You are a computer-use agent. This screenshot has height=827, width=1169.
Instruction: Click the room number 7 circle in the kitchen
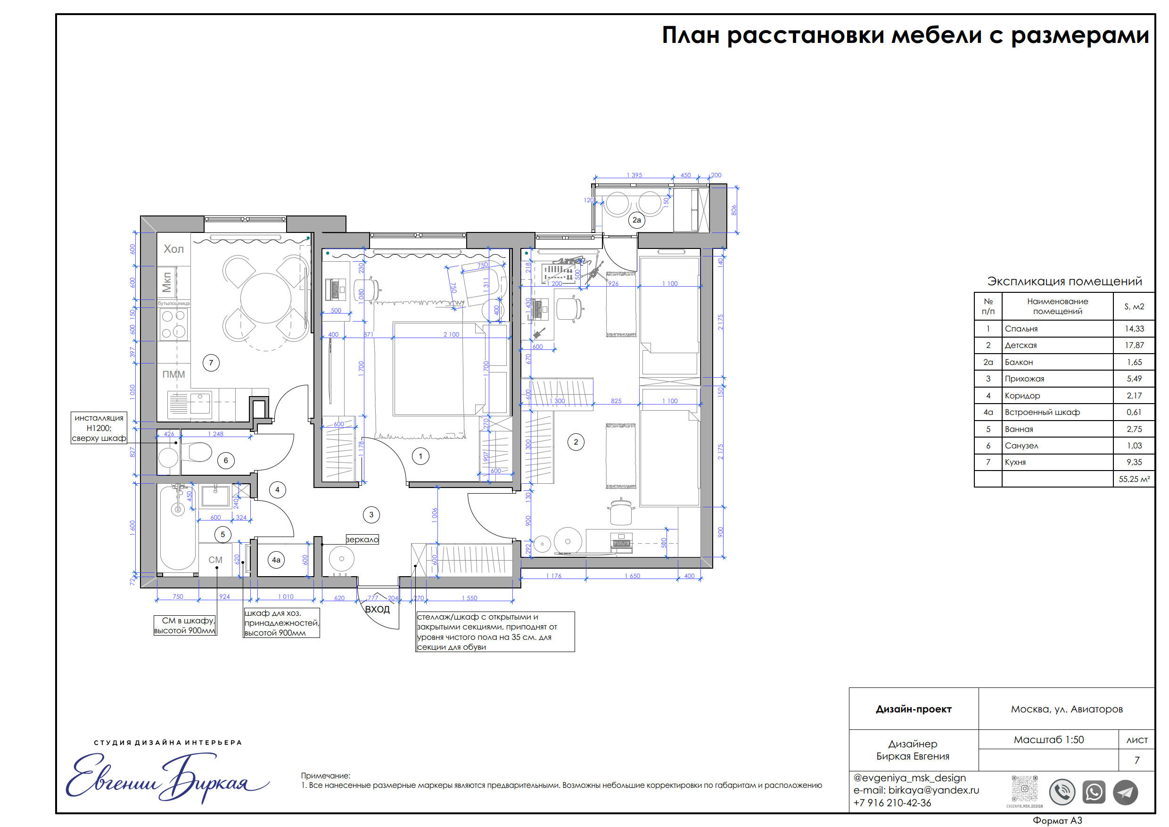coord(211,363)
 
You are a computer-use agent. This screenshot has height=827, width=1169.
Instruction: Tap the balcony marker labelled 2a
coord(636,220)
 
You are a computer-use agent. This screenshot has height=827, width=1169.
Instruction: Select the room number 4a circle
coord(276,560)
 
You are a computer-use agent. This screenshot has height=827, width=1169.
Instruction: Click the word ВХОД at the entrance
coord(377,610)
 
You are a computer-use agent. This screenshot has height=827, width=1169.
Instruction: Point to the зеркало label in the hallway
coord(362,540)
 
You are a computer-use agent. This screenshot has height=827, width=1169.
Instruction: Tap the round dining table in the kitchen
coord(266,298)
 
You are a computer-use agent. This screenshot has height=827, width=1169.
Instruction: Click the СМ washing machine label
coord(215,560)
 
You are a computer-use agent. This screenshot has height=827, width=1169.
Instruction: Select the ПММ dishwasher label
coord(173,374)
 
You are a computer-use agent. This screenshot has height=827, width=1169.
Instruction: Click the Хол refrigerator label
coord(173,249)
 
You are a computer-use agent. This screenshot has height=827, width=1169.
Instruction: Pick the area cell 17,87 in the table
coord(1135,345)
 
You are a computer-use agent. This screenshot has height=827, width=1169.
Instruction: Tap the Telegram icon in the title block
coord(1125,793)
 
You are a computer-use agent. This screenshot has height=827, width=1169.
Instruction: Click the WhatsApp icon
coord(1094,793)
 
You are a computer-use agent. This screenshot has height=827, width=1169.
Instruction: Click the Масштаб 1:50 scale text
coord(1048,740)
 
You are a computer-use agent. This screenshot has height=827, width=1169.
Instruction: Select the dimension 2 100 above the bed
coord(451,335)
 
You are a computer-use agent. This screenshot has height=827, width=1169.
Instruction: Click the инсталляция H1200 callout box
coord(99,428)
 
